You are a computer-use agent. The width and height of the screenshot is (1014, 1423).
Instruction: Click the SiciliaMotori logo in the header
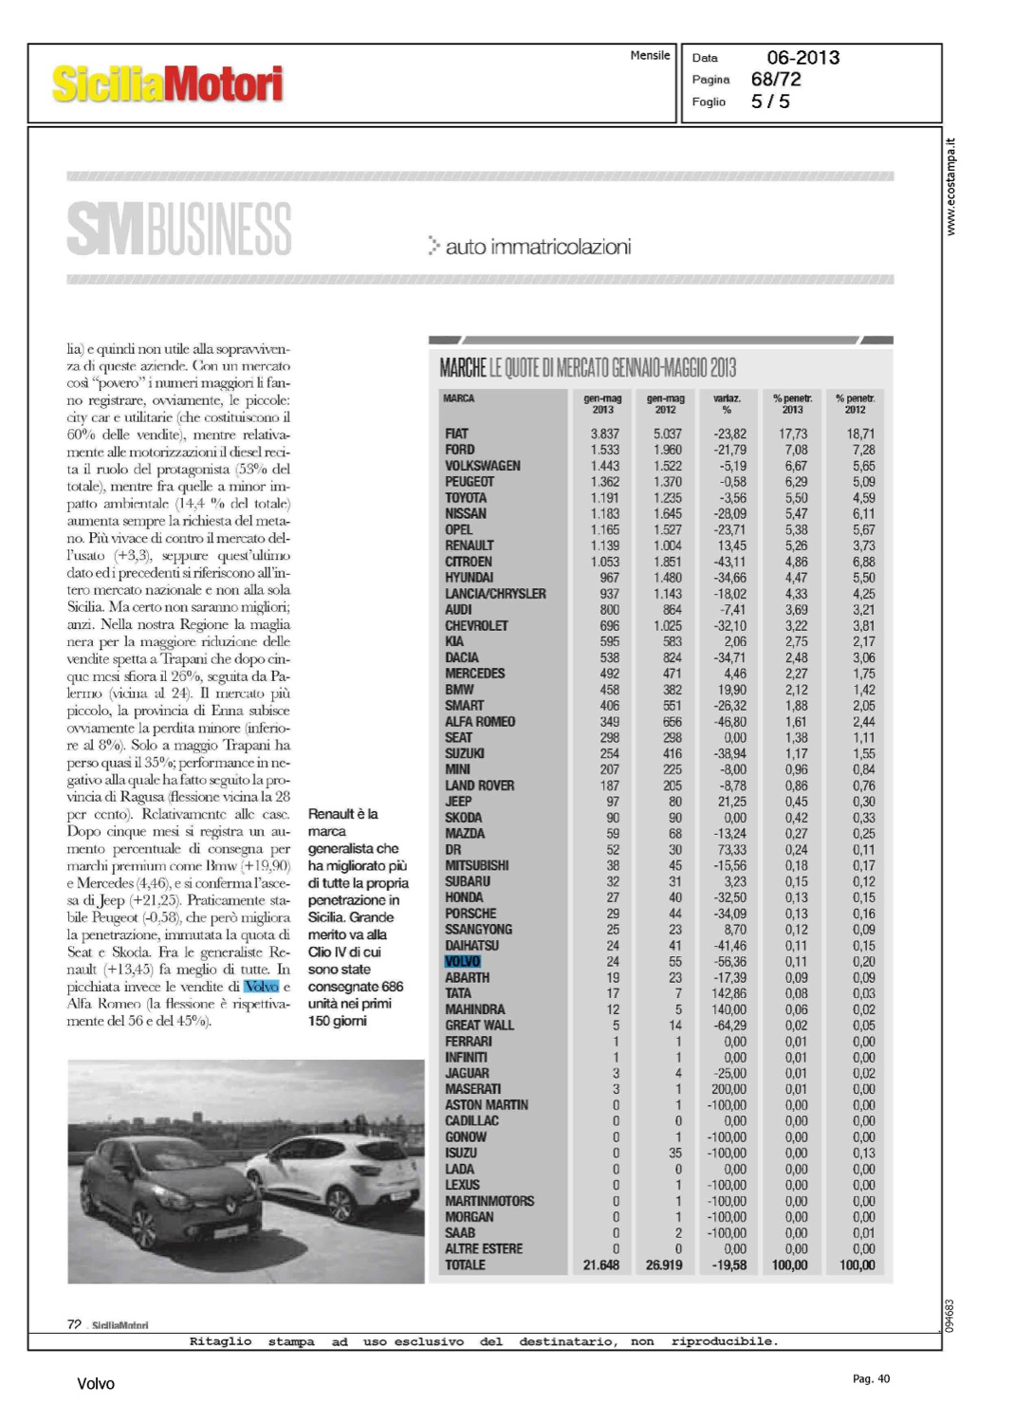(167, 84)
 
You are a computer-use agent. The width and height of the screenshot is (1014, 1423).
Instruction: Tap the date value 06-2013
(802, 58)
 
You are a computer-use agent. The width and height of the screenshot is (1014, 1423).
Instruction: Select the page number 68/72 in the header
(776, 80)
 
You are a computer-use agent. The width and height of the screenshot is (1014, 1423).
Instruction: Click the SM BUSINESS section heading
(178, 229)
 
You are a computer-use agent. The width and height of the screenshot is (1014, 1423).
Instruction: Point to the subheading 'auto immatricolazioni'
(537, 248)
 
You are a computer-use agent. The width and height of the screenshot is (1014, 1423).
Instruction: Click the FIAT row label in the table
(457, 434)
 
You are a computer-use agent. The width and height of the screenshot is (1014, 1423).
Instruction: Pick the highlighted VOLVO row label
(463, 962)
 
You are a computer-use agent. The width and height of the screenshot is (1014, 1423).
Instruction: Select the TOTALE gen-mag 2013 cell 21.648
(601, 1266)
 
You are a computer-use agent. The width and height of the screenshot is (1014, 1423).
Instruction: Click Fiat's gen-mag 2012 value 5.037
(667, 434)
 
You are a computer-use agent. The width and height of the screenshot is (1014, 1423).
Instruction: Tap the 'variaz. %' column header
(727, 404)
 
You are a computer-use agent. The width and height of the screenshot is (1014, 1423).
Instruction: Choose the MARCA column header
(459, 398)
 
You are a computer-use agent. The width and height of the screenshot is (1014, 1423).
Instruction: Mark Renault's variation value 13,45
(731, 545)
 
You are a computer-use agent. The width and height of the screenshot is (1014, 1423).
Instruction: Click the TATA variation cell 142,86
(728, 993)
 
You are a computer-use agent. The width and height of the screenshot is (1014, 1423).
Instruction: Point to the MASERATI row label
(473, 1089)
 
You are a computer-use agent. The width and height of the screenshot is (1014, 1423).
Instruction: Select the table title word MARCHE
(463, 368)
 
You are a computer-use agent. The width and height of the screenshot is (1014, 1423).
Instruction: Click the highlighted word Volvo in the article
(262, 987)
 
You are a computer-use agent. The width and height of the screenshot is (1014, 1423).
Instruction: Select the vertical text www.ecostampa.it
(951, 187)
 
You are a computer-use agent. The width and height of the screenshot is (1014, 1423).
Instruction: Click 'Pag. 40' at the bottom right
(871, 1378)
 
